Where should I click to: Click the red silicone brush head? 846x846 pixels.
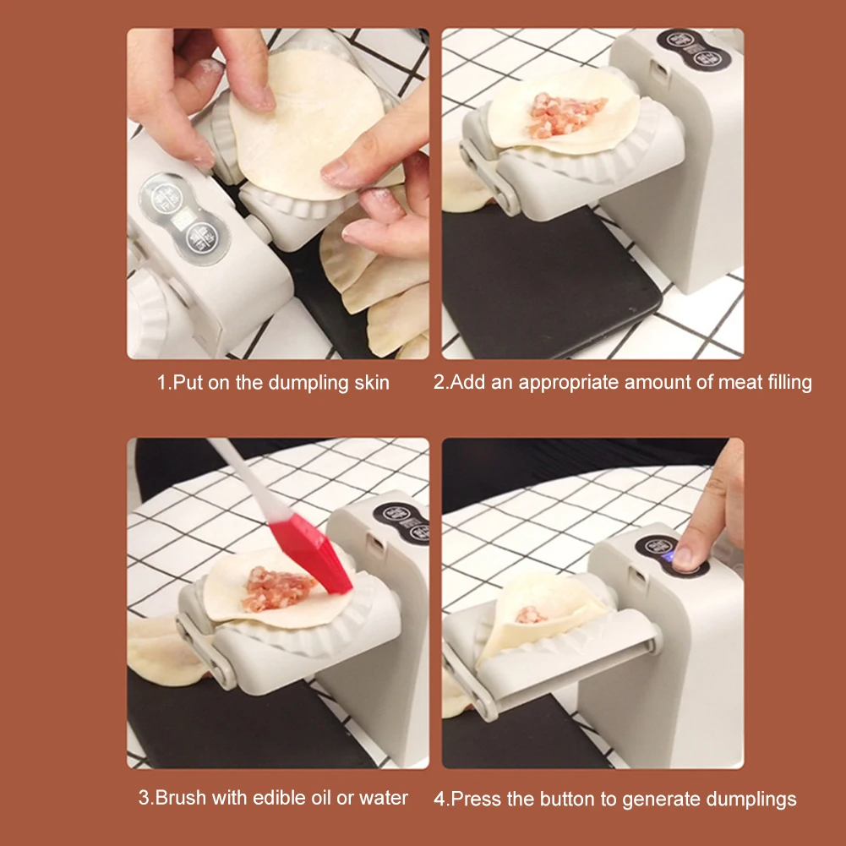[x=311, y=553]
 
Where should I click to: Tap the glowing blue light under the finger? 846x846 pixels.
[x=669, y=557]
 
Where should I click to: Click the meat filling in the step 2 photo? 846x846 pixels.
[x=565, y=114]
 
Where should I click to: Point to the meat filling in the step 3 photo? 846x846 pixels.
[x=277, y=588]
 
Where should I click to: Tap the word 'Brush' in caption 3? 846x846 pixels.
[x=180, y=798]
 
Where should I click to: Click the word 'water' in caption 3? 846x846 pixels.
[x=383, y=798]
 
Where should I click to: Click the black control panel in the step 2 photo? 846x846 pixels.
[x=695, y=49]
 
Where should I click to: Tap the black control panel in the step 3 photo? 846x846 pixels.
[x=401, y=521]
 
